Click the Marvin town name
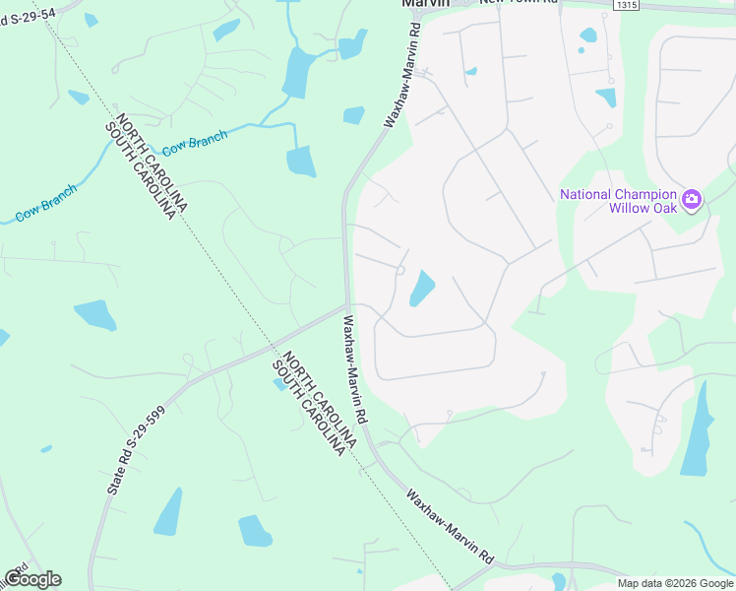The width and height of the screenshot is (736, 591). (x=425, y=3)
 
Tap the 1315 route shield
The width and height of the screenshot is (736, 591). (x=625, y=5)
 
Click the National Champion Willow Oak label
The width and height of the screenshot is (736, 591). (x=619, y=201)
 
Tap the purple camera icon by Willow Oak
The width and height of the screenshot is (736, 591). (x=691, y=200)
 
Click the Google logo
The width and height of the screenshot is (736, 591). (x=32, y=578)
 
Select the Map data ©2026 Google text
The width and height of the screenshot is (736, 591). (x=675, y=583)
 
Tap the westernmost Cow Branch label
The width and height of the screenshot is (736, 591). (x=45, y=202)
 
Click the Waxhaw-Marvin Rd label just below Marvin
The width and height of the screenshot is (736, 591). (x=401, y=78)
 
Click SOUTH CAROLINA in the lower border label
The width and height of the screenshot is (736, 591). (x=309, y=413)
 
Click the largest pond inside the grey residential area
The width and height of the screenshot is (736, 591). (x=421, y=288)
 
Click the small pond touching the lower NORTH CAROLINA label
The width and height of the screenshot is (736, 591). (x=282, y=382)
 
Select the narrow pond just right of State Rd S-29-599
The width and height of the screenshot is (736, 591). (x=168, y=511)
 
